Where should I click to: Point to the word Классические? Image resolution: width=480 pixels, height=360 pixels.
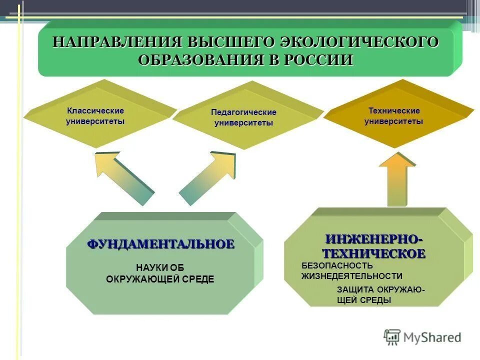[x=95, y=111]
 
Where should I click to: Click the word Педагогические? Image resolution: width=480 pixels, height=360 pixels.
[x=243, y=112]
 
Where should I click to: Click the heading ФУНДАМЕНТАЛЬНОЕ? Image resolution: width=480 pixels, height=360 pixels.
[x=161, y=244]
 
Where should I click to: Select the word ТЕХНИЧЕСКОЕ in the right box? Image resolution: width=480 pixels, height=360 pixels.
[x=373, y=253]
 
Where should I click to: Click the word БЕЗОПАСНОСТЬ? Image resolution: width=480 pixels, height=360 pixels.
[x=337, y=265]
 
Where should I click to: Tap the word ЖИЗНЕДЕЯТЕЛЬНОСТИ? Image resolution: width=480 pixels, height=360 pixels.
[x=351, y=275]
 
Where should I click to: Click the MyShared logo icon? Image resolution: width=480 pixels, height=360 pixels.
[x=392, y=337]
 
